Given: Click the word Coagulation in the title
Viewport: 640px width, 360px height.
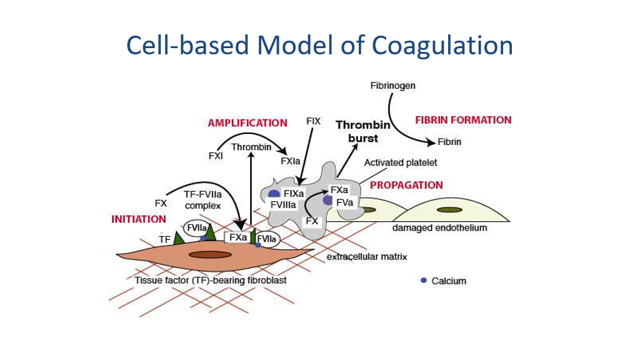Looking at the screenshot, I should tap(442, 46).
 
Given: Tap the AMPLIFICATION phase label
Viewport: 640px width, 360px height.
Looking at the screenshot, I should tap(247, 123).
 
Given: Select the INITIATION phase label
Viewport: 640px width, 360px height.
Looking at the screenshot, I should tap(139, 219).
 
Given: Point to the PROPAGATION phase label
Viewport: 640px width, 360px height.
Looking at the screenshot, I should tap(406, 185).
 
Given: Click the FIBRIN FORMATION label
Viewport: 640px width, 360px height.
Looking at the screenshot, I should tap(463, 120).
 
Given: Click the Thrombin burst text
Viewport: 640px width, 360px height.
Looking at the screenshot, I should tap(363, 131).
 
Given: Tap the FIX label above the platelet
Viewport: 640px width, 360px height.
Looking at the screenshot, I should tap(313, 121).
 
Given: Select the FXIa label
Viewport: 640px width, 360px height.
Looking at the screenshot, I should tap(291, 161).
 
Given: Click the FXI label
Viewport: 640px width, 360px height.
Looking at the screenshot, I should tap(216, 156).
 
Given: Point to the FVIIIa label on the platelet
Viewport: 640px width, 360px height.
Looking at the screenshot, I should tap(283, 204).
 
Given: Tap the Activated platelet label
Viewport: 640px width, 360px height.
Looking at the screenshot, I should tap(401, 163).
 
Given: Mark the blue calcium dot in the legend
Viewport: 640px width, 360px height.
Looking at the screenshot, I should tap(424, 280).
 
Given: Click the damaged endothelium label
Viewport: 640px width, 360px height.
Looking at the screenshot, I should tap(439, 228).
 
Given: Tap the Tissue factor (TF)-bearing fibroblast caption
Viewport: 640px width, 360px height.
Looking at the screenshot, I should tap(211, 280).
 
